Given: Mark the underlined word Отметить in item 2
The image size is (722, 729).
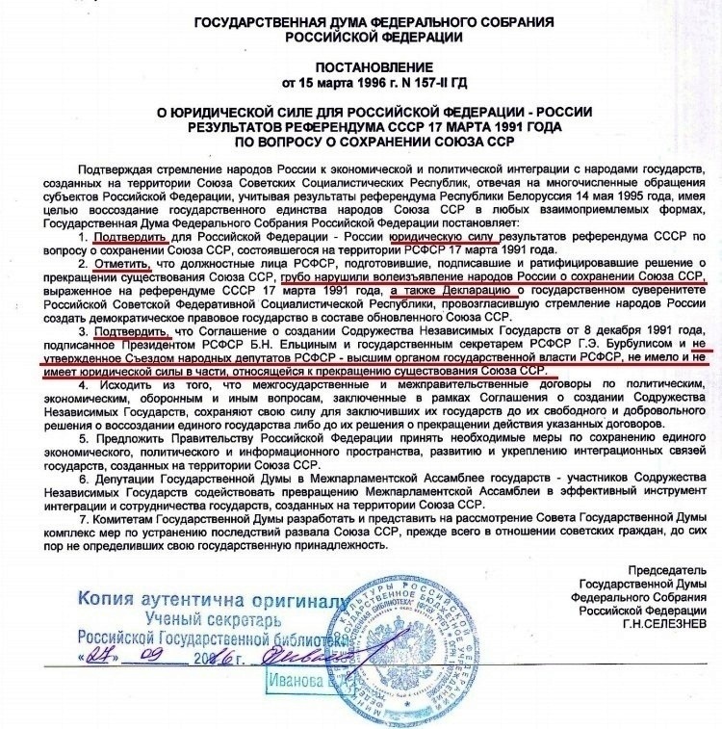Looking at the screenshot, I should [x=120, y=261].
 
